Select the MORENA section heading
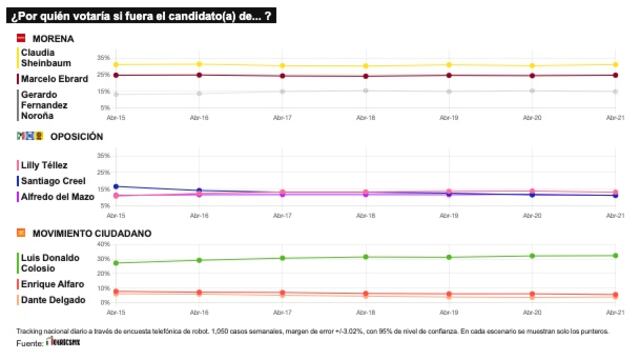(x=53, y=39)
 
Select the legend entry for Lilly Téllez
(x=46, y=164)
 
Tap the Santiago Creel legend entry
(x=52, y=180)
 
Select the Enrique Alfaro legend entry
(x=51, y=284)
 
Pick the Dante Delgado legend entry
(x=51, y=300)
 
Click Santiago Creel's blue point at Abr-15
(x=116, y=186)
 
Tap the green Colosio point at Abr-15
(x=116, y=263)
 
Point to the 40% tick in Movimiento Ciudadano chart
(x=101, y=244)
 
